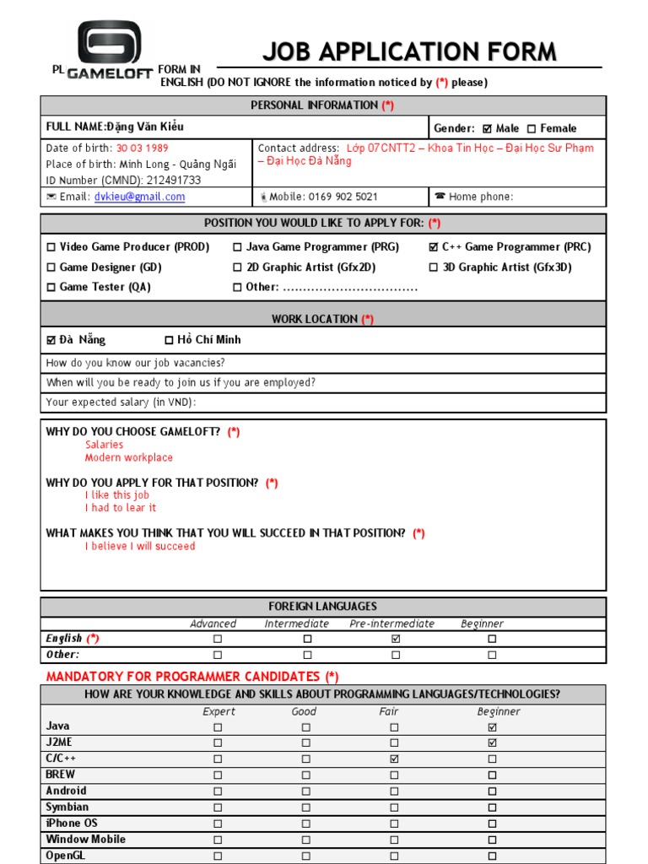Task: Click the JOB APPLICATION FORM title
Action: click(409, 52)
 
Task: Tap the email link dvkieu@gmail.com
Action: click(140, 197)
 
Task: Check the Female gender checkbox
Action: click(532, 129)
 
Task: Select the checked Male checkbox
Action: click(487, 129)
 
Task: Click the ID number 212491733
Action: click(173, 181)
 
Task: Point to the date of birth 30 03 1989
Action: click(143, 148)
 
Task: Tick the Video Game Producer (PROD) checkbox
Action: click(51, 247)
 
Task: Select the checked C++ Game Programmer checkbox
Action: click(434, 247)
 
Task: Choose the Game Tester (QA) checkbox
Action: click(51, 288)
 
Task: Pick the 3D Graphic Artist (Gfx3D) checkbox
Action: click(434, 267)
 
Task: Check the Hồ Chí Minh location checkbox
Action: click(169, 340)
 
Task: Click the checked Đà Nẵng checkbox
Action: click(51, 340)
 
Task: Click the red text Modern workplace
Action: click(129, 458)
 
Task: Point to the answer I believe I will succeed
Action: click(140, 547)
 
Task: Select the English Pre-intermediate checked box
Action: click(396, 639)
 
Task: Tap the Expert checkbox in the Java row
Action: click(218, 726)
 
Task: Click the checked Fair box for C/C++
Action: click(394, 759)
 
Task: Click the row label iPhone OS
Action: click(72, 823)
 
